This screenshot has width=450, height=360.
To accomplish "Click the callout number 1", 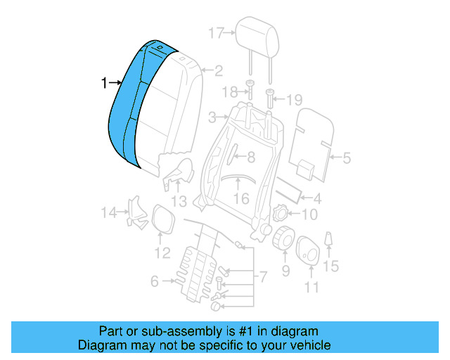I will tap(104, 84).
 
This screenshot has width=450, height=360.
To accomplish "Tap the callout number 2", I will tap(218, 70).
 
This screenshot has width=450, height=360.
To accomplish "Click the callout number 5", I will tap(345, 159).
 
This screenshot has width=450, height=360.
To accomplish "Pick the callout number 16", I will tap(241, 199).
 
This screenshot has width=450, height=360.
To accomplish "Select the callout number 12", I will tap(162, 252).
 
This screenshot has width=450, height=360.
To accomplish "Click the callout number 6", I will tap(154, 282).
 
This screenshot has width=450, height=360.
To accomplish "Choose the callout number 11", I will tap(311, 286).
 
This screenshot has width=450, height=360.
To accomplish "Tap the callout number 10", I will tap(309, 214).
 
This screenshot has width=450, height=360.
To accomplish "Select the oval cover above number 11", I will tap(309, 251).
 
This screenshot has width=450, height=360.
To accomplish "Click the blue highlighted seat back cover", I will tap(134, 105).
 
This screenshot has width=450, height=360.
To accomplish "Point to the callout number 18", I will tap(229, 93).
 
